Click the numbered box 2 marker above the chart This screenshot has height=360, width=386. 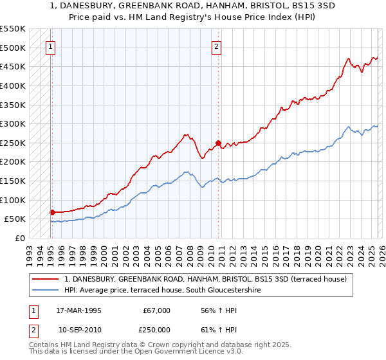point(217,46)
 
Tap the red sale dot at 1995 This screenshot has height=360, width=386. point(51,212)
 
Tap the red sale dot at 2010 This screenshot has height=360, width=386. point(218,143)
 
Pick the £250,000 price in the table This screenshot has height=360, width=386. point(156,330)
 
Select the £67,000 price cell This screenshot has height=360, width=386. point(156,310)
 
